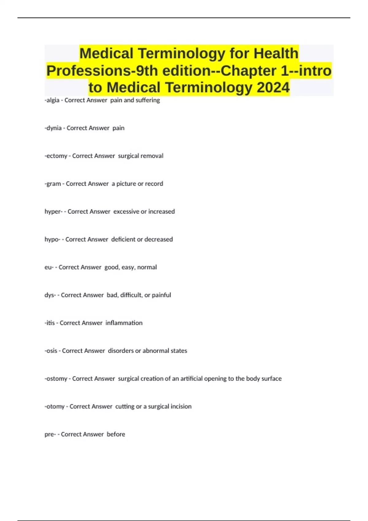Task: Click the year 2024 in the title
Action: [273, 87]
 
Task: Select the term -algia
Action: [52, 100]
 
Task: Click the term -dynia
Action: [53, 128]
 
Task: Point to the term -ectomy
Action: [56, 156]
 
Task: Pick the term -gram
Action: [53, 184]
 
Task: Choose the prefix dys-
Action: [50, 295]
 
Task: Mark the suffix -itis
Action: [50, 323]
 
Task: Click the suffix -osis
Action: [51, 351]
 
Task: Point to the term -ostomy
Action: [56, 379]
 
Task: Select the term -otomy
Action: [55, 407]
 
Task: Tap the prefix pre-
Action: [50, 434]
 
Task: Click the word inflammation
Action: [124, 323]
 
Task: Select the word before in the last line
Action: [116, 434]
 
